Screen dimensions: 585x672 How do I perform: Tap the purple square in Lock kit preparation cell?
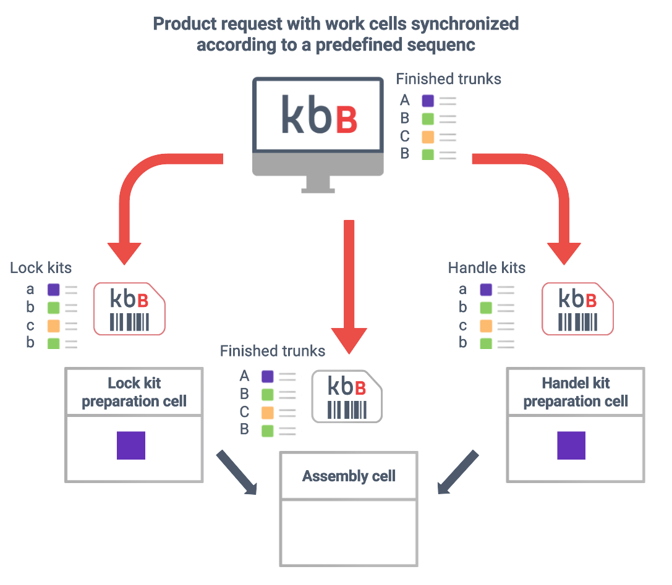[x=131, y=445]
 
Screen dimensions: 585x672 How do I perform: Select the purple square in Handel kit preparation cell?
[x=571, y=445]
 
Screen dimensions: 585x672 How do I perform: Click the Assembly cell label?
[x=349, y=476]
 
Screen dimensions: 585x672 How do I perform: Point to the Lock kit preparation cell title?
[x=134, y=392]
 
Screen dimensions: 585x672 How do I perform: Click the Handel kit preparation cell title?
[x=576, y=392]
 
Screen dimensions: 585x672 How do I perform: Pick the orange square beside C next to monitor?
[x=428, y=137]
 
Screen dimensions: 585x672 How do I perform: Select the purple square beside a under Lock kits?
[x=53, y=290]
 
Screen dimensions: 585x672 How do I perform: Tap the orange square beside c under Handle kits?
[x=486, y=326]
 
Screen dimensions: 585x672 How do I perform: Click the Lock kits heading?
[x=41, y=267]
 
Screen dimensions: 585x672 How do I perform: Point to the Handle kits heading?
[x=487, y=267]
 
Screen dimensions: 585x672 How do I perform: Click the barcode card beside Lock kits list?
[x=130, y=309]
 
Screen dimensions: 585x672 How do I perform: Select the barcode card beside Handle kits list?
[x=577, y=309]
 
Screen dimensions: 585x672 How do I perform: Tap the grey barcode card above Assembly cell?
[x=347, y=396]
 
